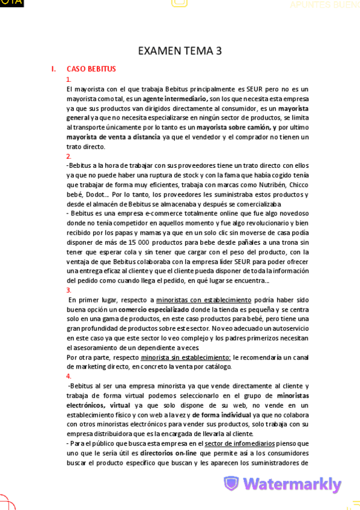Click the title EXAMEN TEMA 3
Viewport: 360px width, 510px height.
coord(180,51)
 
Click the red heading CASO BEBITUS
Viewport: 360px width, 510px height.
coord(91,69)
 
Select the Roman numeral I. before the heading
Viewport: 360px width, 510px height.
coord(53,69)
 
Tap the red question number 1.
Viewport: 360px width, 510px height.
coord(69,79)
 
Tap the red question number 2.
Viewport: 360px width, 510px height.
coord(69,156)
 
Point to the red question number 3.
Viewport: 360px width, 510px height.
coord(69,290)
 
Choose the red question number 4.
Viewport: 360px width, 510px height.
coord(69,376)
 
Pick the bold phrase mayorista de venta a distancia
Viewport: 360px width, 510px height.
coord(113,137)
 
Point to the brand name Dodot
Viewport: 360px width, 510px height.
coord(88,194)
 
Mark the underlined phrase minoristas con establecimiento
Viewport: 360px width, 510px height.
coord(204,300)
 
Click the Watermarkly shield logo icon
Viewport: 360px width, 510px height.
coord(231,484)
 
